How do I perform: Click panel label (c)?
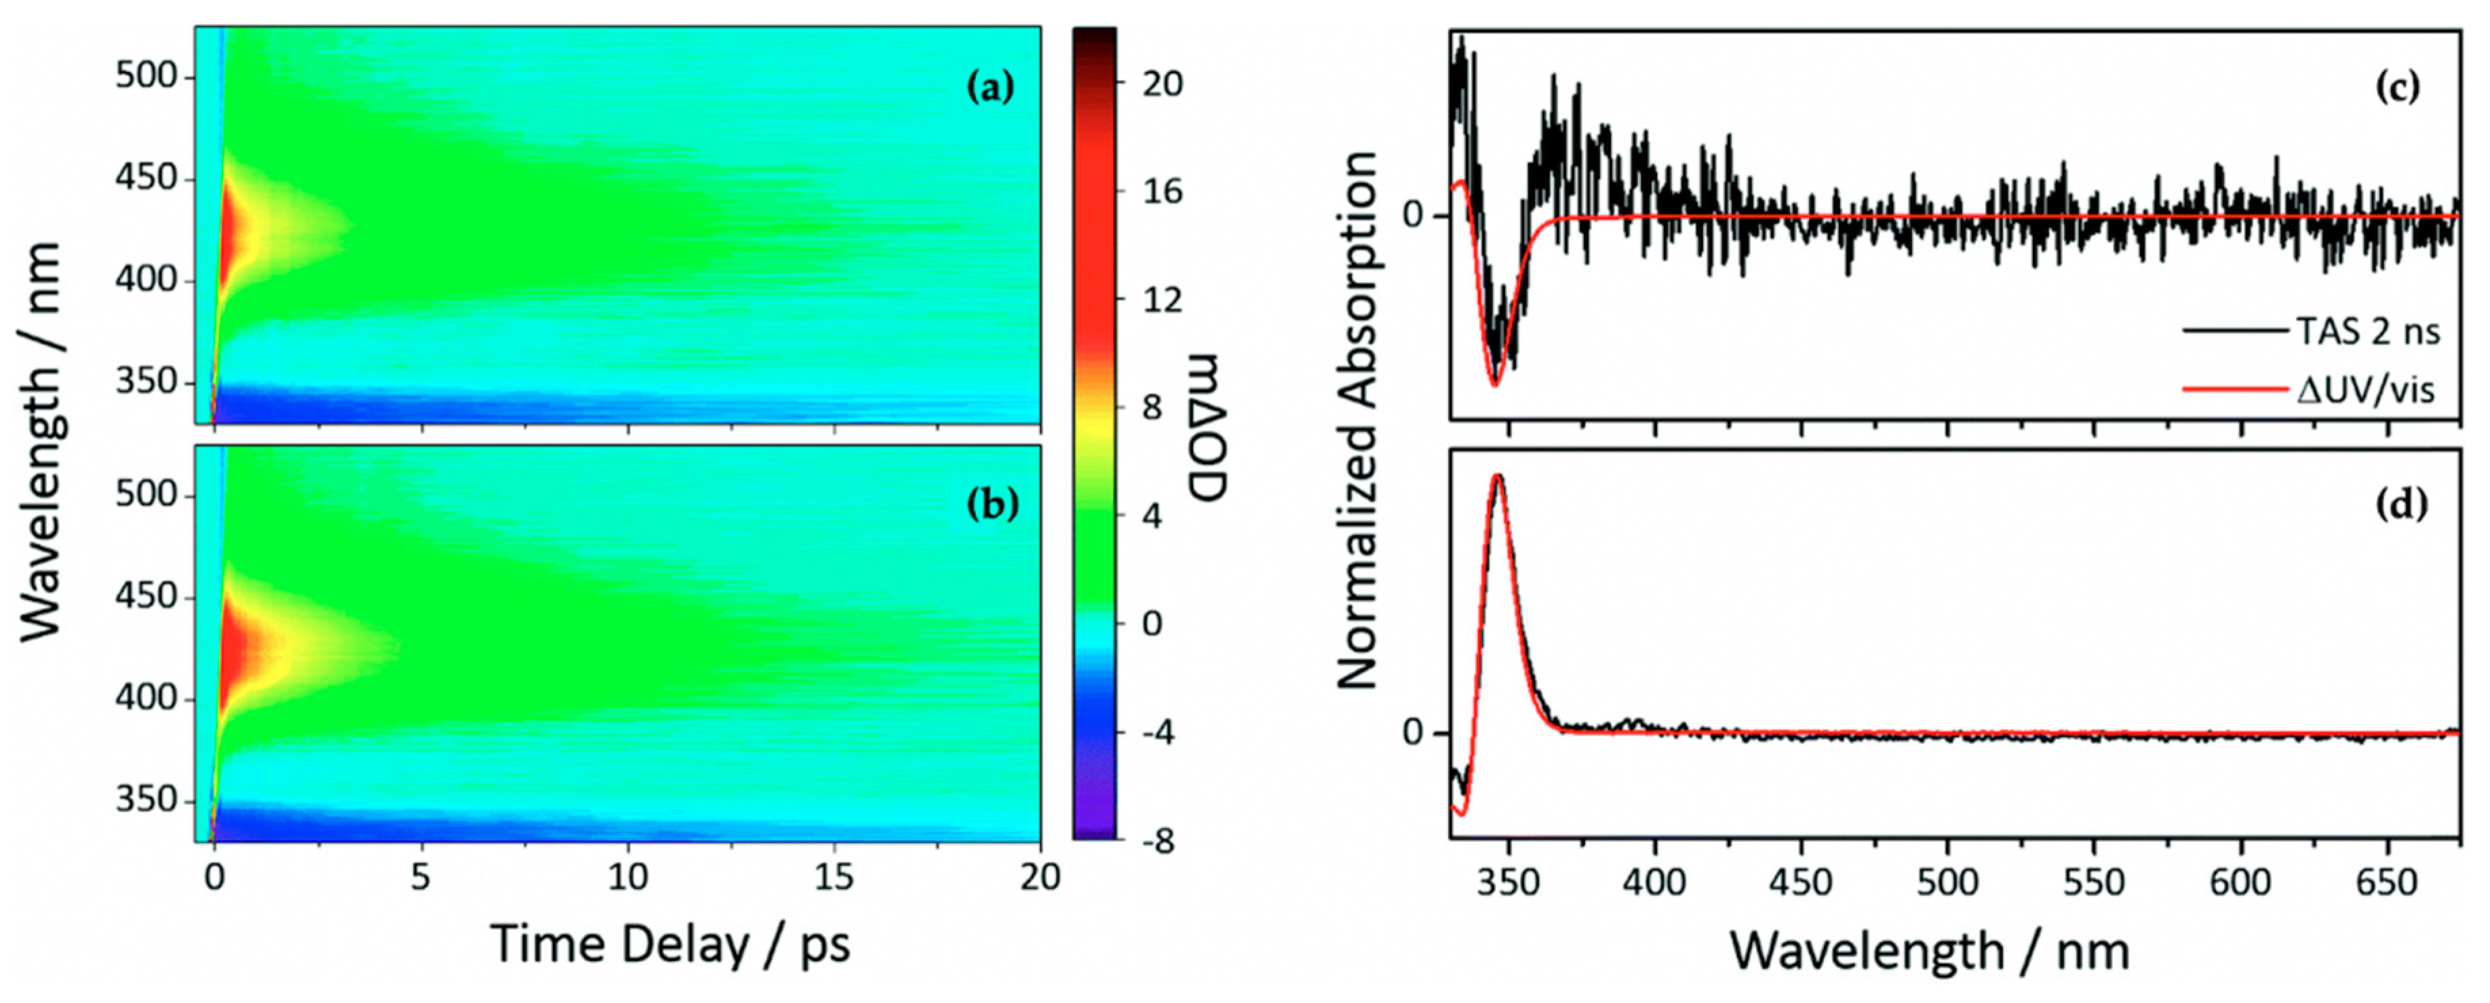(x=2397, y=89)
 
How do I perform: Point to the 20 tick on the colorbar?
(x=1161, y=84)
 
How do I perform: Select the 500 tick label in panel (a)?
(x=148, y=77)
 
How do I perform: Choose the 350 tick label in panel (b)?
(x=148, y=801)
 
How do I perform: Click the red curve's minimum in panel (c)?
(x=1494, y=385)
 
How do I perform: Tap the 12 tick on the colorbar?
(x=1161, y=300)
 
